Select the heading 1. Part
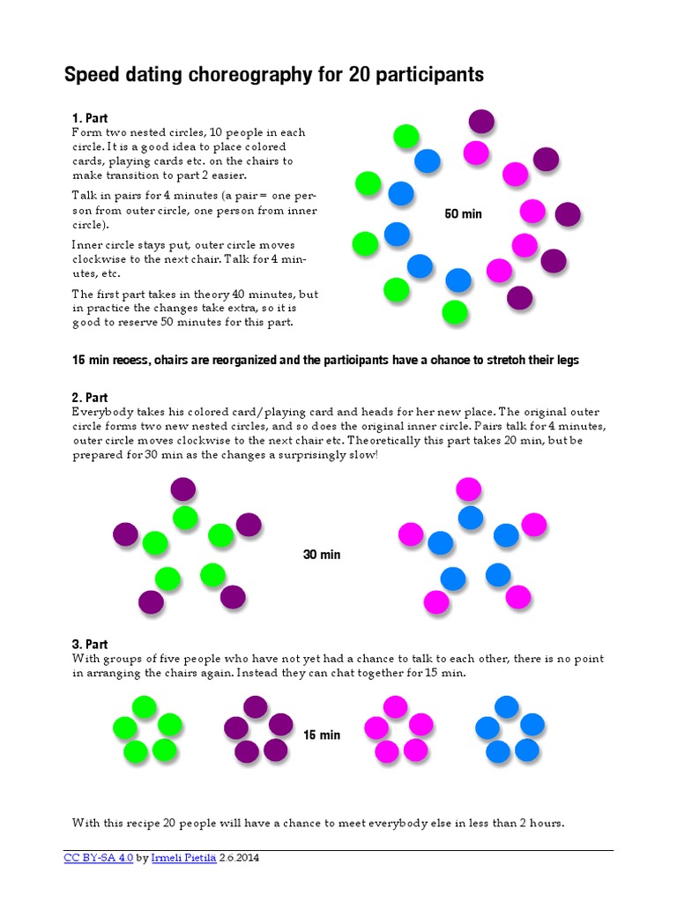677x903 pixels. [89, 118]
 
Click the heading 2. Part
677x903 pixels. [89, 398]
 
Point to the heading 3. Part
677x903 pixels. [89, 645]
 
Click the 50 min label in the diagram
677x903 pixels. [464, 214]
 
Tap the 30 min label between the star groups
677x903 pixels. [322, 555]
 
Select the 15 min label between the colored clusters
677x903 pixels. [322, 735]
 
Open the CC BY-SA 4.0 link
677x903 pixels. [98, 858]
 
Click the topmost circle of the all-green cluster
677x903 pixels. [144, 706]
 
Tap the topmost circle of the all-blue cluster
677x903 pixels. [506, 706]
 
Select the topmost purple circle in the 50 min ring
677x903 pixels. [480, 122]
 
